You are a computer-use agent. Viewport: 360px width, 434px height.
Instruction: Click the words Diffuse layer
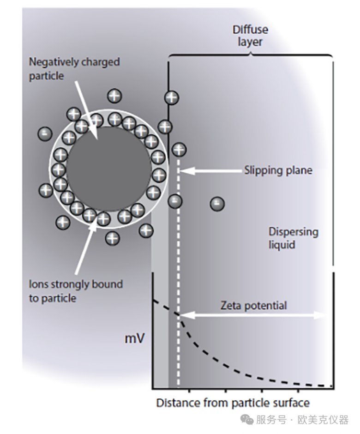(250, 36)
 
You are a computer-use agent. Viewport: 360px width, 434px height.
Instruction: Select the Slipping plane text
(278, 170)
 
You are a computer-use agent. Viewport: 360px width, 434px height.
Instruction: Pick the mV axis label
(135, 339)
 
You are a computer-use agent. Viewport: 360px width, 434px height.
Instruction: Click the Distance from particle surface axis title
(233, 403)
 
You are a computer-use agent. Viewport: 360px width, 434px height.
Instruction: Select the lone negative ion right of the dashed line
(217, 203)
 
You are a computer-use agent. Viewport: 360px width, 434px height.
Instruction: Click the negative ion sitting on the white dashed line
(174, 201)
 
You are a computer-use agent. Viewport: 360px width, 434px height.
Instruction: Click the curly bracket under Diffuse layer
(250, 55)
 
